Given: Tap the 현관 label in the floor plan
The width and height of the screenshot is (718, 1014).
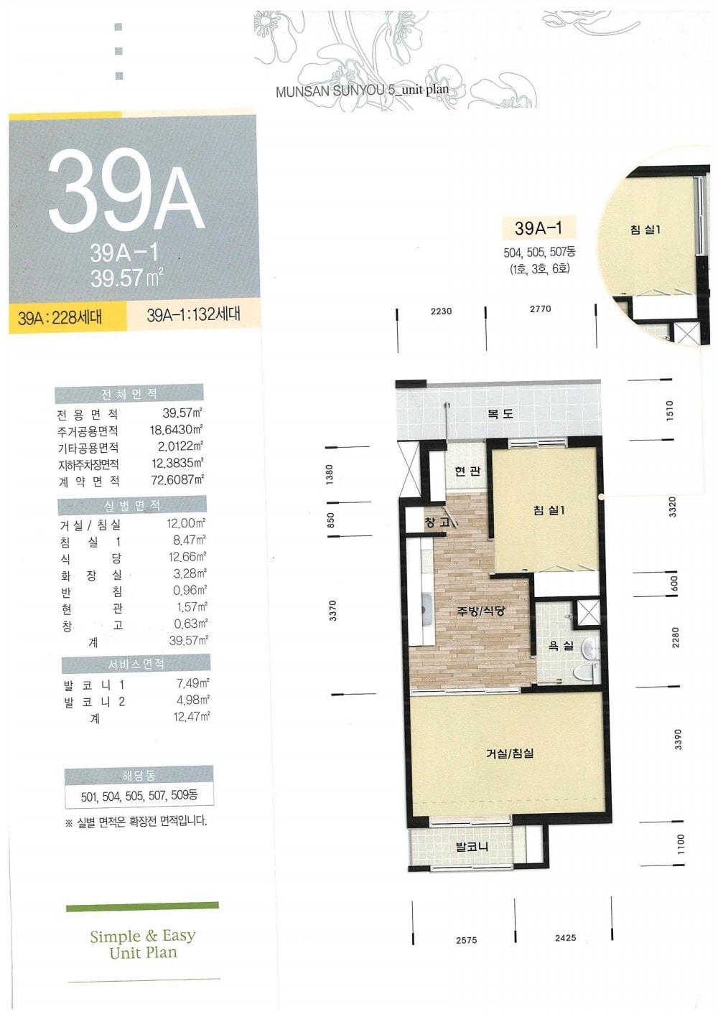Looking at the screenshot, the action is [x=467, y=471].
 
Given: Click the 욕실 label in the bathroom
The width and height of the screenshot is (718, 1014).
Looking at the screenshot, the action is [x=561, y=645].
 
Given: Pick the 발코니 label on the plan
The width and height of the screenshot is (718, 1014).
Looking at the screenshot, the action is [x=472, y=847].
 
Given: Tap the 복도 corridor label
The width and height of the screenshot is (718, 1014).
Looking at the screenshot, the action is [x=500, y=413].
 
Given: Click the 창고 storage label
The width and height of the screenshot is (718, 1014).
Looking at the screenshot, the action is [x=437, y=522].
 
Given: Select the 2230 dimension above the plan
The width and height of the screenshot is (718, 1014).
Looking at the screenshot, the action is [x=442, y=311].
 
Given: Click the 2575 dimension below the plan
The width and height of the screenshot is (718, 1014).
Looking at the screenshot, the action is [x=467, y=940].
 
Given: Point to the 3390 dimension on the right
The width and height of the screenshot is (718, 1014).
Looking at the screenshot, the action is [x=678, y=739].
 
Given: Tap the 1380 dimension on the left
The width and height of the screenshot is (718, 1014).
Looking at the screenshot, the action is [x=330, y=474].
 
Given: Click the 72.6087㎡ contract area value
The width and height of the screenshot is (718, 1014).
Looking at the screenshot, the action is [x=177, y=479].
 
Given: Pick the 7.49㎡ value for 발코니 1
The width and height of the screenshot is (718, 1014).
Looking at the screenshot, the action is [x=192, y=683].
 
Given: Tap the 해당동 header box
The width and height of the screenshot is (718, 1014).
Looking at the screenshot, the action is [x=138, y=776].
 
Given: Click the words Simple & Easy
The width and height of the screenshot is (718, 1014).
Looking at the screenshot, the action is [x=143, y=936].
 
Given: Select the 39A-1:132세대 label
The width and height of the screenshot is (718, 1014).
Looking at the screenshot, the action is [x=193, y=314].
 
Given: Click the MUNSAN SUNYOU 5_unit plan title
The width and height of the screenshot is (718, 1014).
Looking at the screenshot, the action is [x=363, y=90].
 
